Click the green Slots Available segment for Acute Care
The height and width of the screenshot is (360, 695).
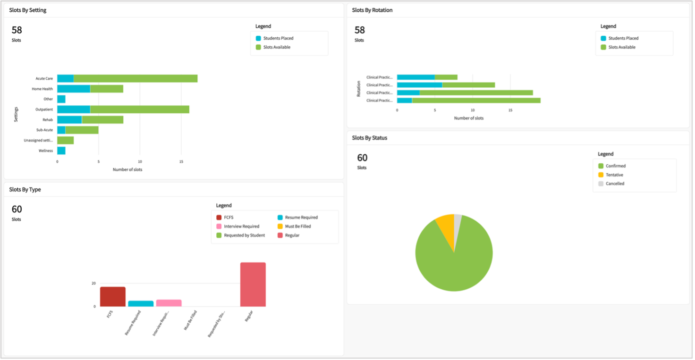point(136,78)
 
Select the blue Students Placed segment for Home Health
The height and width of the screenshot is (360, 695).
point(74,89)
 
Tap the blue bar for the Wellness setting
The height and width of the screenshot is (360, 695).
point(61,151)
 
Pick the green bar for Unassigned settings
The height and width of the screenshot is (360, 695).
point(66,140)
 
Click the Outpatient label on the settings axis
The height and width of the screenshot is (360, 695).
point(44,109)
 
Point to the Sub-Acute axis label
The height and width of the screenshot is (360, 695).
point(44,130)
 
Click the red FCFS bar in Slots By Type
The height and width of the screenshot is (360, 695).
point(112,296)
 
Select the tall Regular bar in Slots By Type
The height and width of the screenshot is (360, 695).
point(253,285)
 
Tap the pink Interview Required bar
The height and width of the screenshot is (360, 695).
point(169,303)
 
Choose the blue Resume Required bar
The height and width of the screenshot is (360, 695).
point(141,303)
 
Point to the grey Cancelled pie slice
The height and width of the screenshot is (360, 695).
point(458,218)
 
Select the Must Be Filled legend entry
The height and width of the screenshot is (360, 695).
point(297,226)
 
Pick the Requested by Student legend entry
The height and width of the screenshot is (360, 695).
point(244,235)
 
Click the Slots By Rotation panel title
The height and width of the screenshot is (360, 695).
point(372,10)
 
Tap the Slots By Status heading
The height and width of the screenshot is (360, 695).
point(370,138)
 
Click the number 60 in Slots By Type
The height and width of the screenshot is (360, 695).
point(17,209)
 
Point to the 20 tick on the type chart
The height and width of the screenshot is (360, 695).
point(93,284)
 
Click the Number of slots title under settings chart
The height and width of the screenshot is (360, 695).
point(127,169)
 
